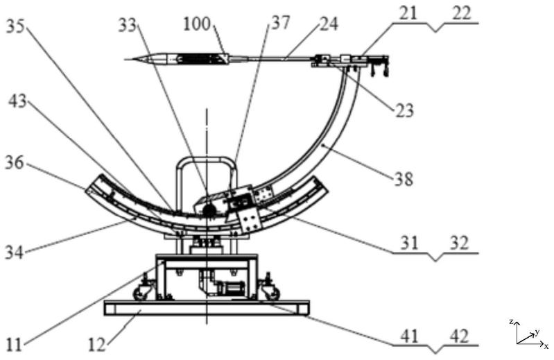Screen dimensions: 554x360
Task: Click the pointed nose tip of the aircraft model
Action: click(x=125, y=59)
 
